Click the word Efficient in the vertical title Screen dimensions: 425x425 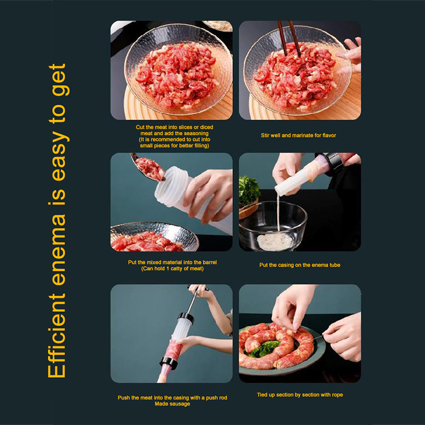(x=57, y=336)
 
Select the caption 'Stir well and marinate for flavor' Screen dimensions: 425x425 (x=299, y=135)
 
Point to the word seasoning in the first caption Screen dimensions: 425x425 (x=195, y=133)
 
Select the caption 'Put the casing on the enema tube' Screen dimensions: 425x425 (x=300, y=265)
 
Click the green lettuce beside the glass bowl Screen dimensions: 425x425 (x=248, y=190)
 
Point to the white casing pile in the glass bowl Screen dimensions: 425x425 (x=274, y=241)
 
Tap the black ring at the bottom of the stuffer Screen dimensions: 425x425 (x=168, y=363)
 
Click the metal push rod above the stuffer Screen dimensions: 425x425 (x=193, y=300)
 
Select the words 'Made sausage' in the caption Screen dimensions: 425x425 (x=172, y=404)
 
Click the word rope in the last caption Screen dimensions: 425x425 (x=337, y=395)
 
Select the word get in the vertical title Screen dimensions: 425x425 (x=59, y=80)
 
